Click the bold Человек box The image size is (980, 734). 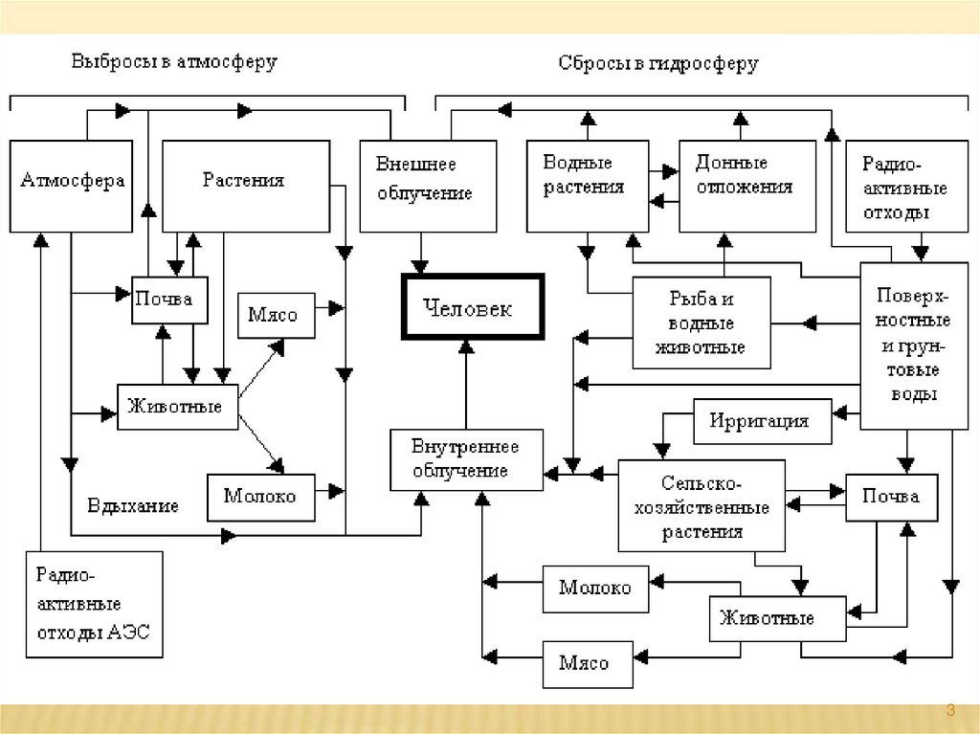tap(473, 306)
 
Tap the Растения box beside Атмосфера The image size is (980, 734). tap(246, 186)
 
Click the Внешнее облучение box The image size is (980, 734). tap(428, 186)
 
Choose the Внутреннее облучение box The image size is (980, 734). tap(466, 459)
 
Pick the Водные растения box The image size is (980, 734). tap(586, 186)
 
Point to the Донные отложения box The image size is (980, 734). tap(746, 186)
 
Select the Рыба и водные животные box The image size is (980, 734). tap(702, 323)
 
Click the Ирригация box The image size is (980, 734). tap(759, 421)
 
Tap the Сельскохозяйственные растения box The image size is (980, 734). tap(702, 505)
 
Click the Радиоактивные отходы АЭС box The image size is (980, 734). tap(94, 605)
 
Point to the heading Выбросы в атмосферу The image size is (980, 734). tap(174, 63)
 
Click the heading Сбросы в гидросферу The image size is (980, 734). tap(658, 64)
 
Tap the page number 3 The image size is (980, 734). tap(950, 709)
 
